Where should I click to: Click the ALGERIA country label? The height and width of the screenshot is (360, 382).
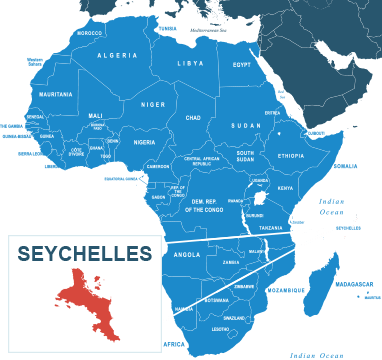(x=117, y=55)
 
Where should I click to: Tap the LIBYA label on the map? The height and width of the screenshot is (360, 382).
(x=189, y=63)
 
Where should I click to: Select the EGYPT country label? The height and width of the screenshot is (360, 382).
(x=242, y=64)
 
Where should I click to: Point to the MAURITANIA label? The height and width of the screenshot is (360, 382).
(x=55, y=95)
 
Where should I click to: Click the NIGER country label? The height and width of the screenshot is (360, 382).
(x=152, y=104)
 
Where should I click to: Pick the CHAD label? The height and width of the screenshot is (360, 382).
(x=193, y=117)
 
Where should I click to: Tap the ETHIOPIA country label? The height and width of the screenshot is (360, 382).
(x=291, y=156)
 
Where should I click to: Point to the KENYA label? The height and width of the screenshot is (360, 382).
(x=285, y=188)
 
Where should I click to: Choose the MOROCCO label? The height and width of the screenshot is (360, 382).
(x=90, y=33)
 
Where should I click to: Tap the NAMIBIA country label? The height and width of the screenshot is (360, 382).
(x=183, y=309)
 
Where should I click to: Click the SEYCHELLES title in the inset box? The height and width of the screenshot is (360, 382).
(x=85, y=252)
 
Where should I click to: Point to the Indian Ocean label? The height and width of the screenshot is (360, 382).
(x=330, y=207)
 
